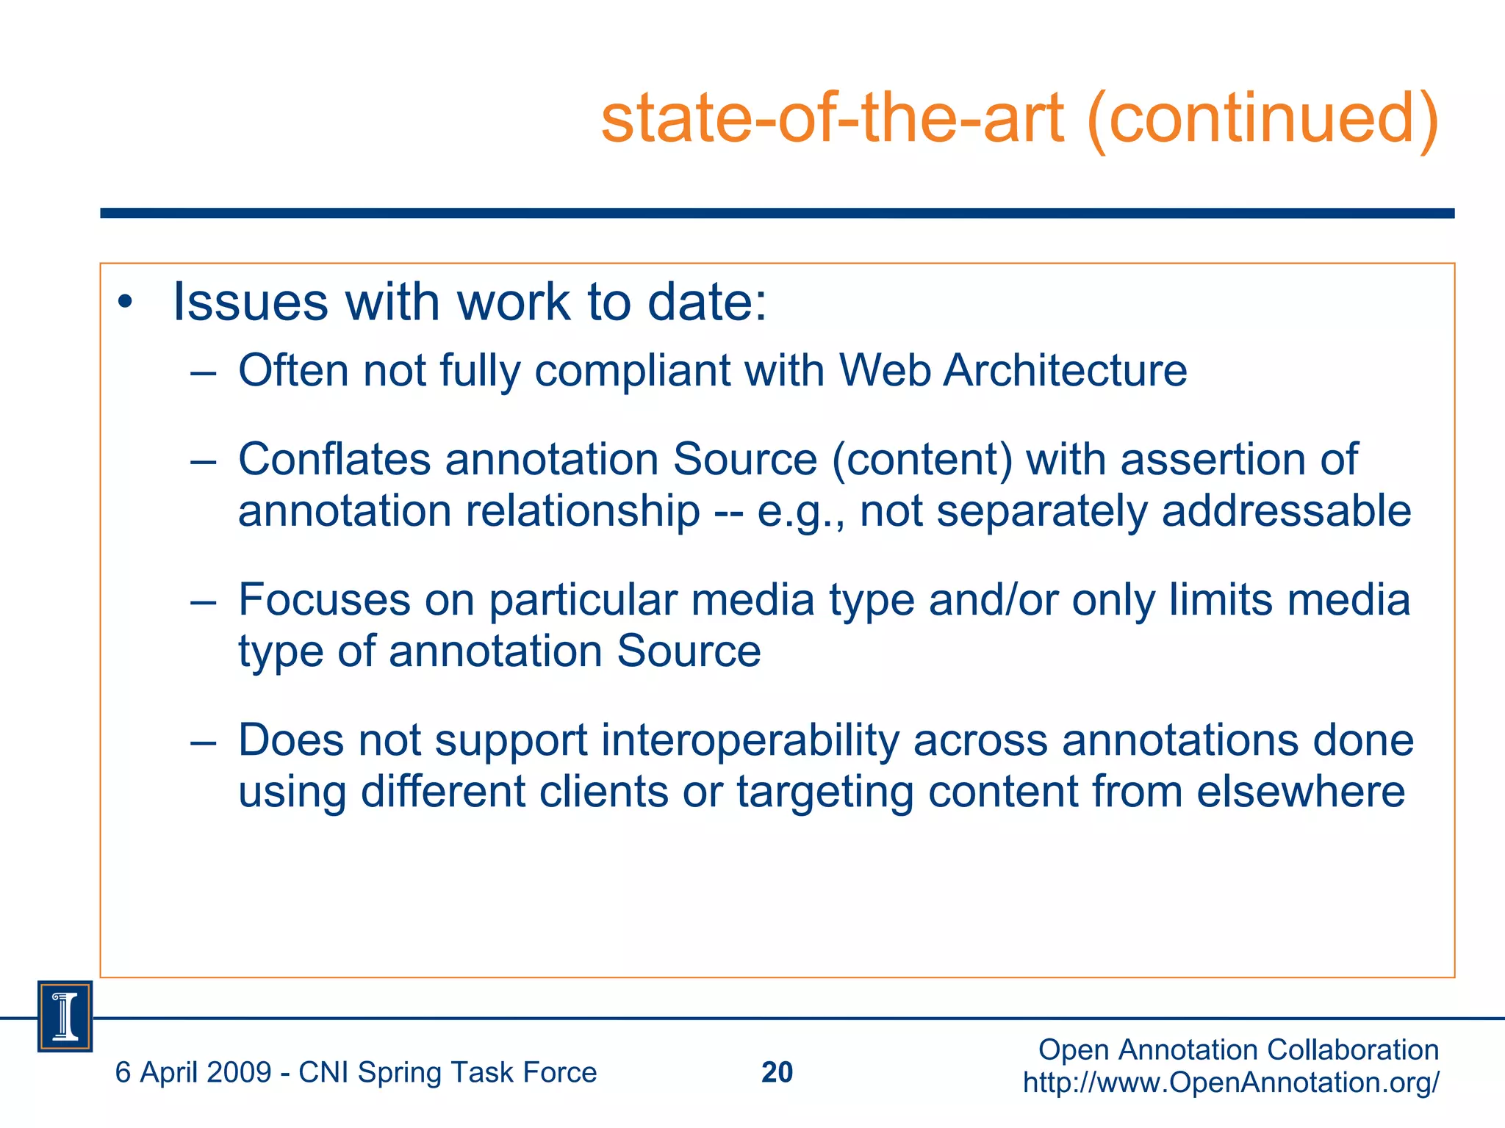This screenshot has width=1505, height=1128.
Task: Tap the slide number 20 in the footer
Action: (777, 1072)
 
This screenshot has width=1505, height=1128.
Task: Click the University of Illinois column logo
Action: (65, 1016)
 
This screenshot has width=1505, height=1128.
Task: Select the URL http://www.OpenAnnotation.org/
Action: (1231, 1082)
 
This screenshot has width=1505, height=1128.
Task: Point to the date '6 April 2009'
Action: (193, 1073)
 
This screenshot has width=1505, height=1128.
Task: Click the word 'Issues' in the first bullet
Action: (250, 302)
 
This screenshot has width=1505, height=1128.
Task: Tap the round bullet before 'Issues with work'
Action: (126, 302)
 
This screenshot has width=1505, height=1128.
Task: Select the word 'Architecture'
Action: (1065, 370)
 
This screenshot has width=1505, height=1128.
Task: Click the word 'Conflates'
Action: (334, 460)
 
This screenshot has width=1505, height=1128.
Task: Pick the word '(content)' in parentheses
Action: (922, 460)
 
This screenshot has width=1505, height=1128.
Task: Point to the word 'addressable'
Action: (1286, 511)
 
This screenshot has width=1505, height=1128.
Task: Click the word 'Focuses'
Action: (323, 600)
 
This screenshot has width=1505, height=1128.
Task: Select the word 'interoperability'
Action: (750, 740)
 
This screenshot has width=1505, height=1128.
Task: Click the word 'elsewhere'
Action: (1301, 792)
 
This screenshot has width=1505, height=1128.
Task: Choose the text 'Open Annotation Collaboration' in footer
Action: (1238, 1050)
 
